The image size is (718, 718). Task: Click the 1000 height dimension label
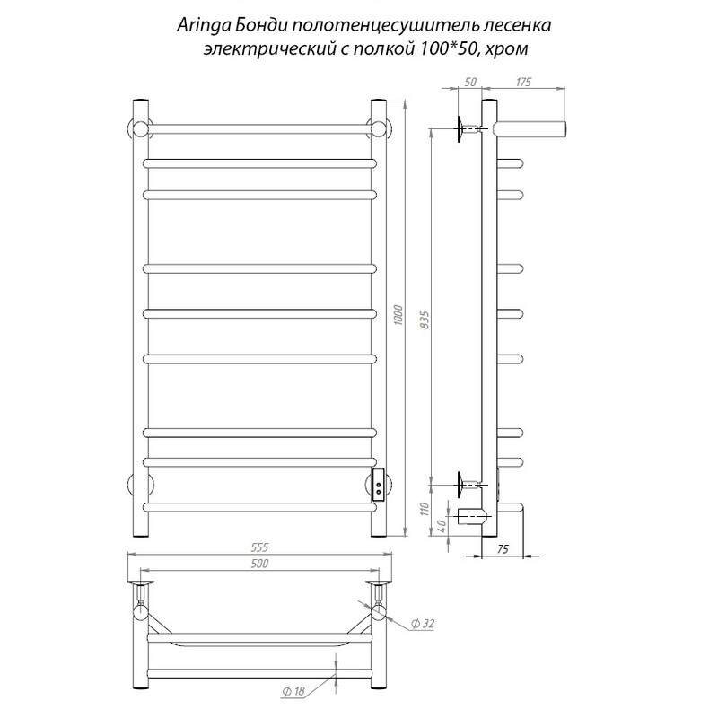[398, 315]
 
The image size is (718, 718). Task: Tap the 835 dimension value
[425, 320]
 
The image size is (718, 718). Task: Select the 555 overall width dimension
[259, 547]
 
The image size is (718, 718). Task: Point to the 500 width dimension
[259, 564]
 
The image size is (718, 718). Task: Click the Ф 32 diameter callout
[423, 623]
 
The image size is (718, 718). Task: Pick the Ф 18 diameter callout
[293, 691]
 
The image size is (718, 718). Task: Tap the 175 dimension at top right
[523, 82]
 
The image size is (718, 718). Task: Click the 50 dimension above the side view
[470, 82]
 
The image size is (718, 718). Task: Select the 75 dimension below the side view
[503, 549]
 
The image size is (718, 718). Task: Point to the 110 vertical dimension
[425, 509]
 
